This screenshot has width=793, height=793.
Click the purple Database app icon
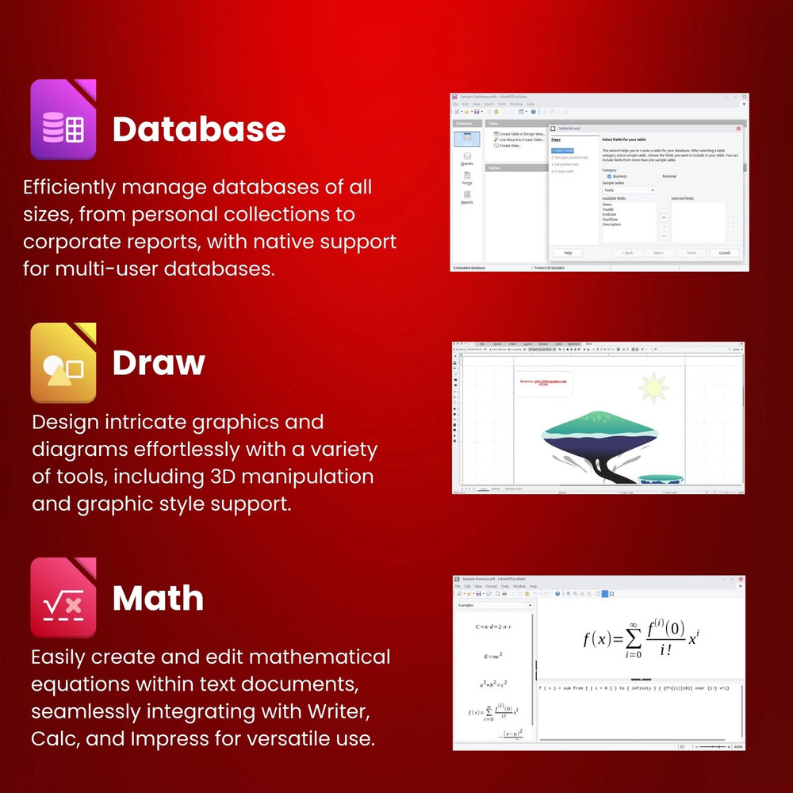63,120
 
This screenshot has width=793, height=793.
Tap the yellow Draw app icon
63,362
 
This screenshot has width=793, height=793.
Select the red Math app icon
63,598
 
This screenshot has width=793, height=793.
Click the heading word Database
199,128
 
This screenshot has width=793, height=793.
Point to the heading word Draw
159,362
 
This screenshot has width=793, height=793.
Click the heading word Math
158,598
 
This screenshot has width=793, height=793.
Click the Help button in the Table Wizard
568,252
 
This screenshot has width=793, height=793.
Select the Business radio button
609,176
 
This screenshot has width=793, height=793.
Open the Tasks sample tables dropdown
629,190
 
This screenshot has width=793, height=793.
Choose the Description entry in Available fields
611,224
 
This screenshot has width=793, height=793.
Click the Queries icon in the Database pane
467,159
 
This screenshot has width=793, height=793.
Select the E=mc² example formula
493,657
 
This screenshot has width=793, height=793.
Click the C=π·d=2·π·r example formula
493,626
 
